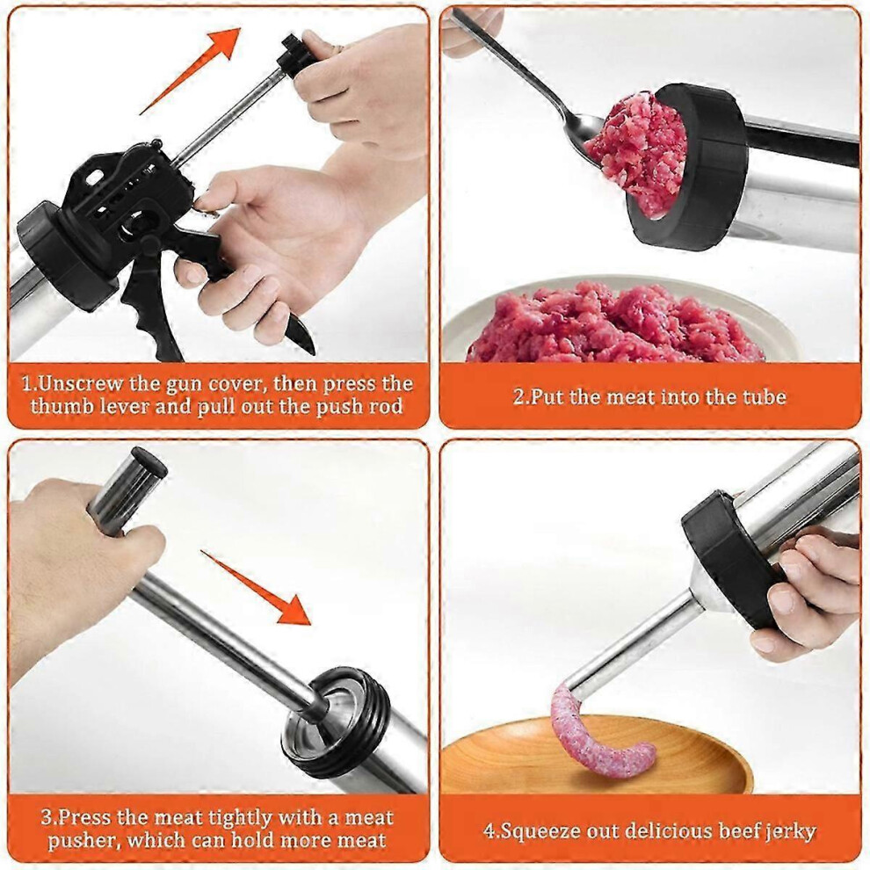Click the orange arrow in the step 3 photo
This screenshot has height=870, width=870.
[x=257, y=588]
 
